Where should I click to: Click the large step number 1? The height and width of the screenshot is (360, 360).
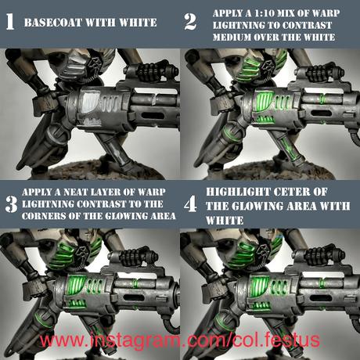click(x=10, y=22)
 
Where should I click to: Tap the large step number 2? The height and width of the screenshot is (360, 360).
click(x=190, y=22)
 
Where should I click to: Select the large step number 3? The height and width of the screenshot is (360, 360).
click(x=11, y=204)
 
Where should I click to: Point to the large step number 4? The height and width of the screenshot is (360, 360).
click(x=190, y=204)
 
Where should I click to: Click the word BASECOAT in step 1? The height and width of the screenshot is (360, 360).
click(x=53, y=23)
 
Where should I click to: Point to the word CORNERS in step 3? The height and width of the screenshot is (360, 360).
click(x=44, y=216)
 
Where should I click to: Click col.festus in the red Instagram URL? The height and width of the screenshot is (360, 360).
click(x=276, y=340)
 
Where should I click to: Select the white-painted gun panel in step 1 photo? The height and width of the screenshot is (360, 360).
click(x=89, y=103)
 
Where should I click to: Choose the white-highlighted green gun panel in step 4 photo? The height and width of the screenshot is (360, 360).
click(x=259, y=286)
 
